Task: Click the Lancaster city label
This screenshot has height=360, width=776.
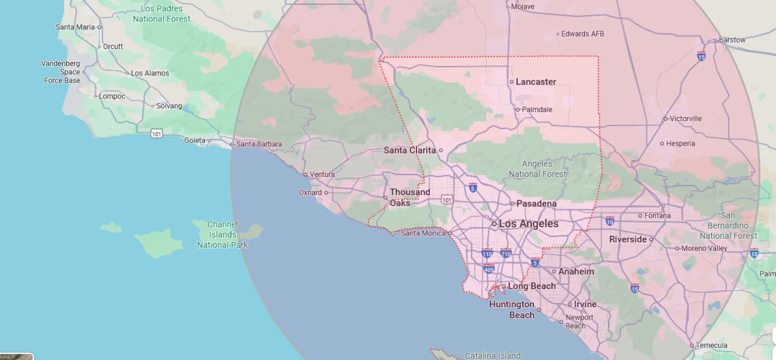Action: click(536, 82)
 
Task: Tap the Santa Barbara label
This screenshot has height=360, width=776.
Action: click(259, 144)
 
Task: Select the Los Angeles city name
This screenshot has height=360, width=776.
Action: click(529, 224)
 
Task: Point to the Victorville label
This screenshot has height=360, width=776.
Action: click(686, 119)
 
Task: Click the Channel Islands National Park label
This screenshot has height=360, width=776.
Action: click(222, 235)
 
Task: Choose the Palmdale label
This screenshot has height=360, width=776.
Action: click(537, 110)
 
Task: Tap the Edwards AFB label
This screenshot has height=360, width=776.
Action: click(583, 34)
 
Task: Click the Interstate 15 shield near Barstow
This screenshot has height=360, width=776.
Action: click(701, 56)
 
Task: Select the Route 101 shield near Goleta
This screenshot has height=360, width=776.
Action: click(156, 133)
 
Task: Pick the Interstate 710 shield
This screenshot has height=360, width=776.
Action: click(505, 254)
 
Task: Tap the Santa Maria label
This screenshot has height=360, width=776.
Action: click(75, 27)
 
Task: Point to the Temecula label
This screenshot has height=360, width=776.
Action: click(712, 346)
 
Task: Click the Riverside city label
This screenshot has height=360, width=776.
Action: click(628, 239)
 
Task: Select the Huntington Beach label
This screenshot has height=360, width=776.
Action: click(511, 310)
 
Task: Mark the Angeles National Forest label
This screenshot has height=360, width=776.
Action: click(537, 169)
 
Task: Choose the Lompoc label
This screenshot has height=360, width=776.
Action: click(112, 96)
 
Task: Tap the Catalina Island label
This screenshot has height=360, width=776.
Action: click(493, 356)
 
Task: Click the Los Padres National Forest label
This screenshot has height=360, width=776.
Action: click(161, 14)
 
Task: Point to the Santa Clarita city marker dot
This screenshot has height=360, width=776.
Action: click(441, 151)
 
